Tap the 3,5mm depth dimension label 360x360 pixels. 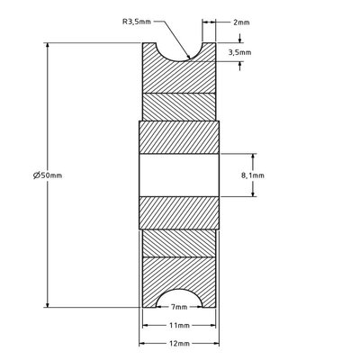239,53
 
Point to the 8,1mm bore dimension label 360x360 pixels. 255,177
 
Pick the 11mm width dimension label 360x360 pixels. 179,326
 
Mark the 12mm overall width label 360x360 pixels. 179,344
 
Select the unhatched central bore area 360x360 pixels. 179,175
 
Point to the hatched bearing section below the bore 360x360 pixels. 179,214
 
